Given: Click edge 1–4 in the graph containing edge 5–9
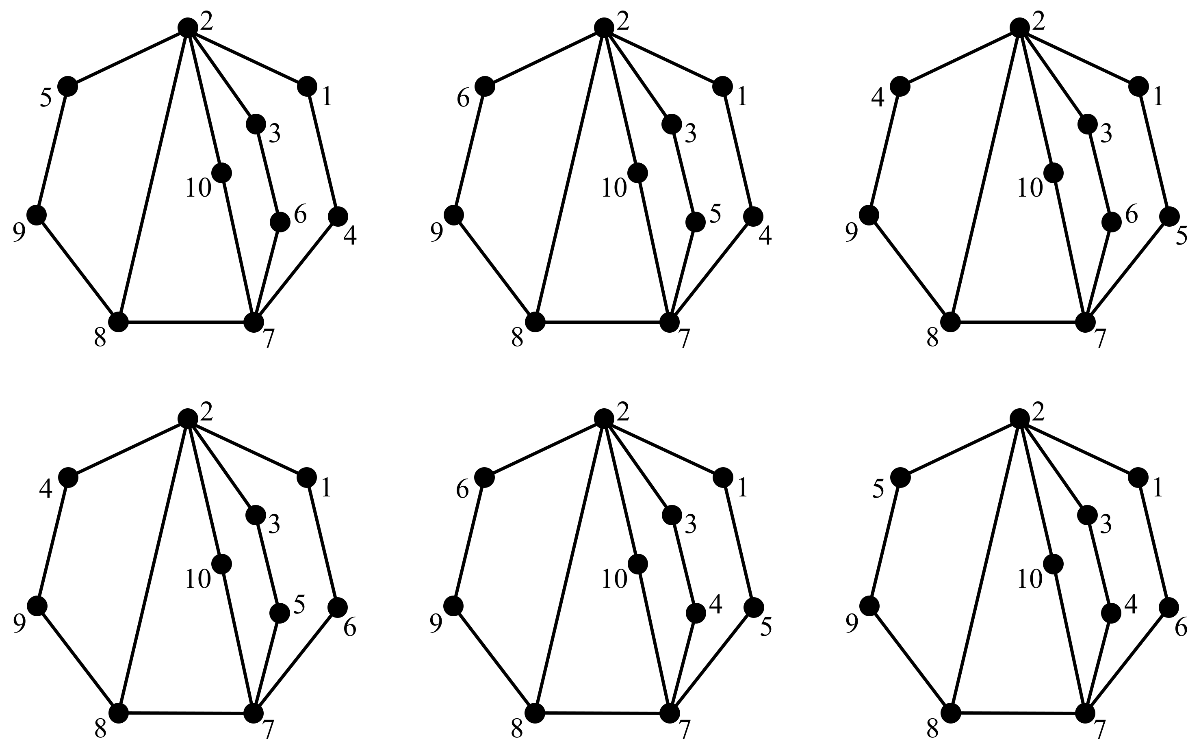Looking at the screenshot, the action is pyautogui.click(x=322, y=152).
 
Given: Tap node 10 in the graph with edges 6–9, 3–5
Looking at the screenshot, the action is pyautogui.click(x=638, y=173).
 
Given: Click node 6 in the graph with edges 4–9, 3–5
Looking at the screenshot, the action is pyautogui.click(x=338, y=607).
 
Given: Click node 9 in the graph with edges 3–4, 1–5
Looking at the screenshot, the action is pyautogui.click(x=453, y=606).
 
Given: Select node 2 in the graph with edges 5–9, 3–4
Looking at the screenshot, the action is pyautogui.click(x=1019, y=418).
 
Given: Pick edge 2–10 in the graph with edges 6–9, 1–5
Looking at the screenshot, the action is pyautogui.click(x=621, y=491).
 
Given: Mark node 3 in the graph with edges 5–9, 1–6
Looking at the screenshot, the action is pyautogui.click(x=1088, y=514).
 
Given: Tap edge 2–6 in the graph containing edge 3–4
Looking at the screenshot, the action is pyautogui.click(x=544, y=447).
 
